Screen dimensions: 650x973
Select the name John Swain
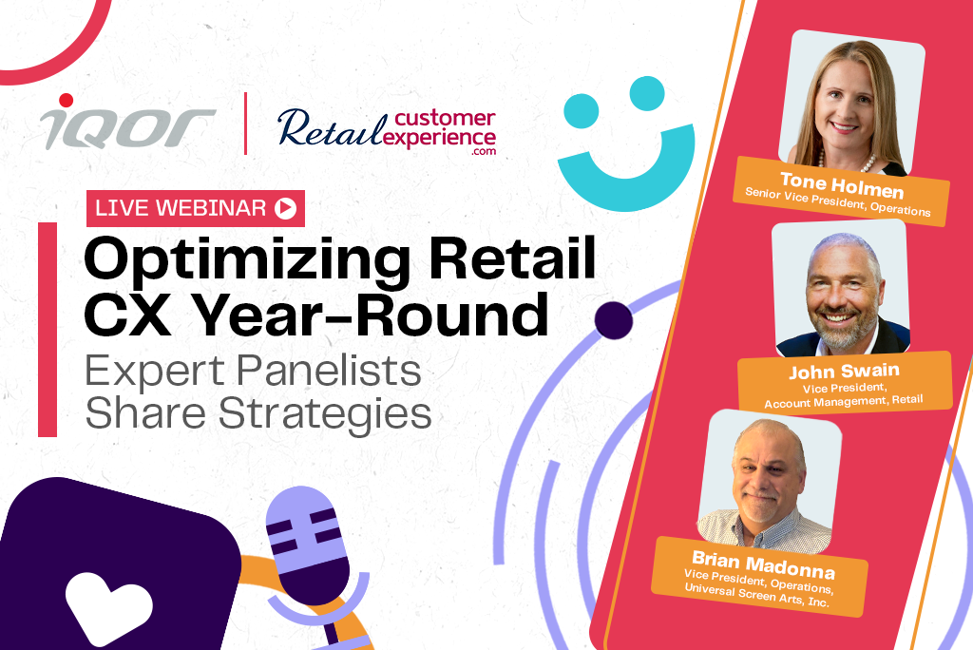(x=844, y=371)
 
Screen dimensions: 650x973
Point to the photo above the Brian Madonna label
(x=769, y=481)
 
